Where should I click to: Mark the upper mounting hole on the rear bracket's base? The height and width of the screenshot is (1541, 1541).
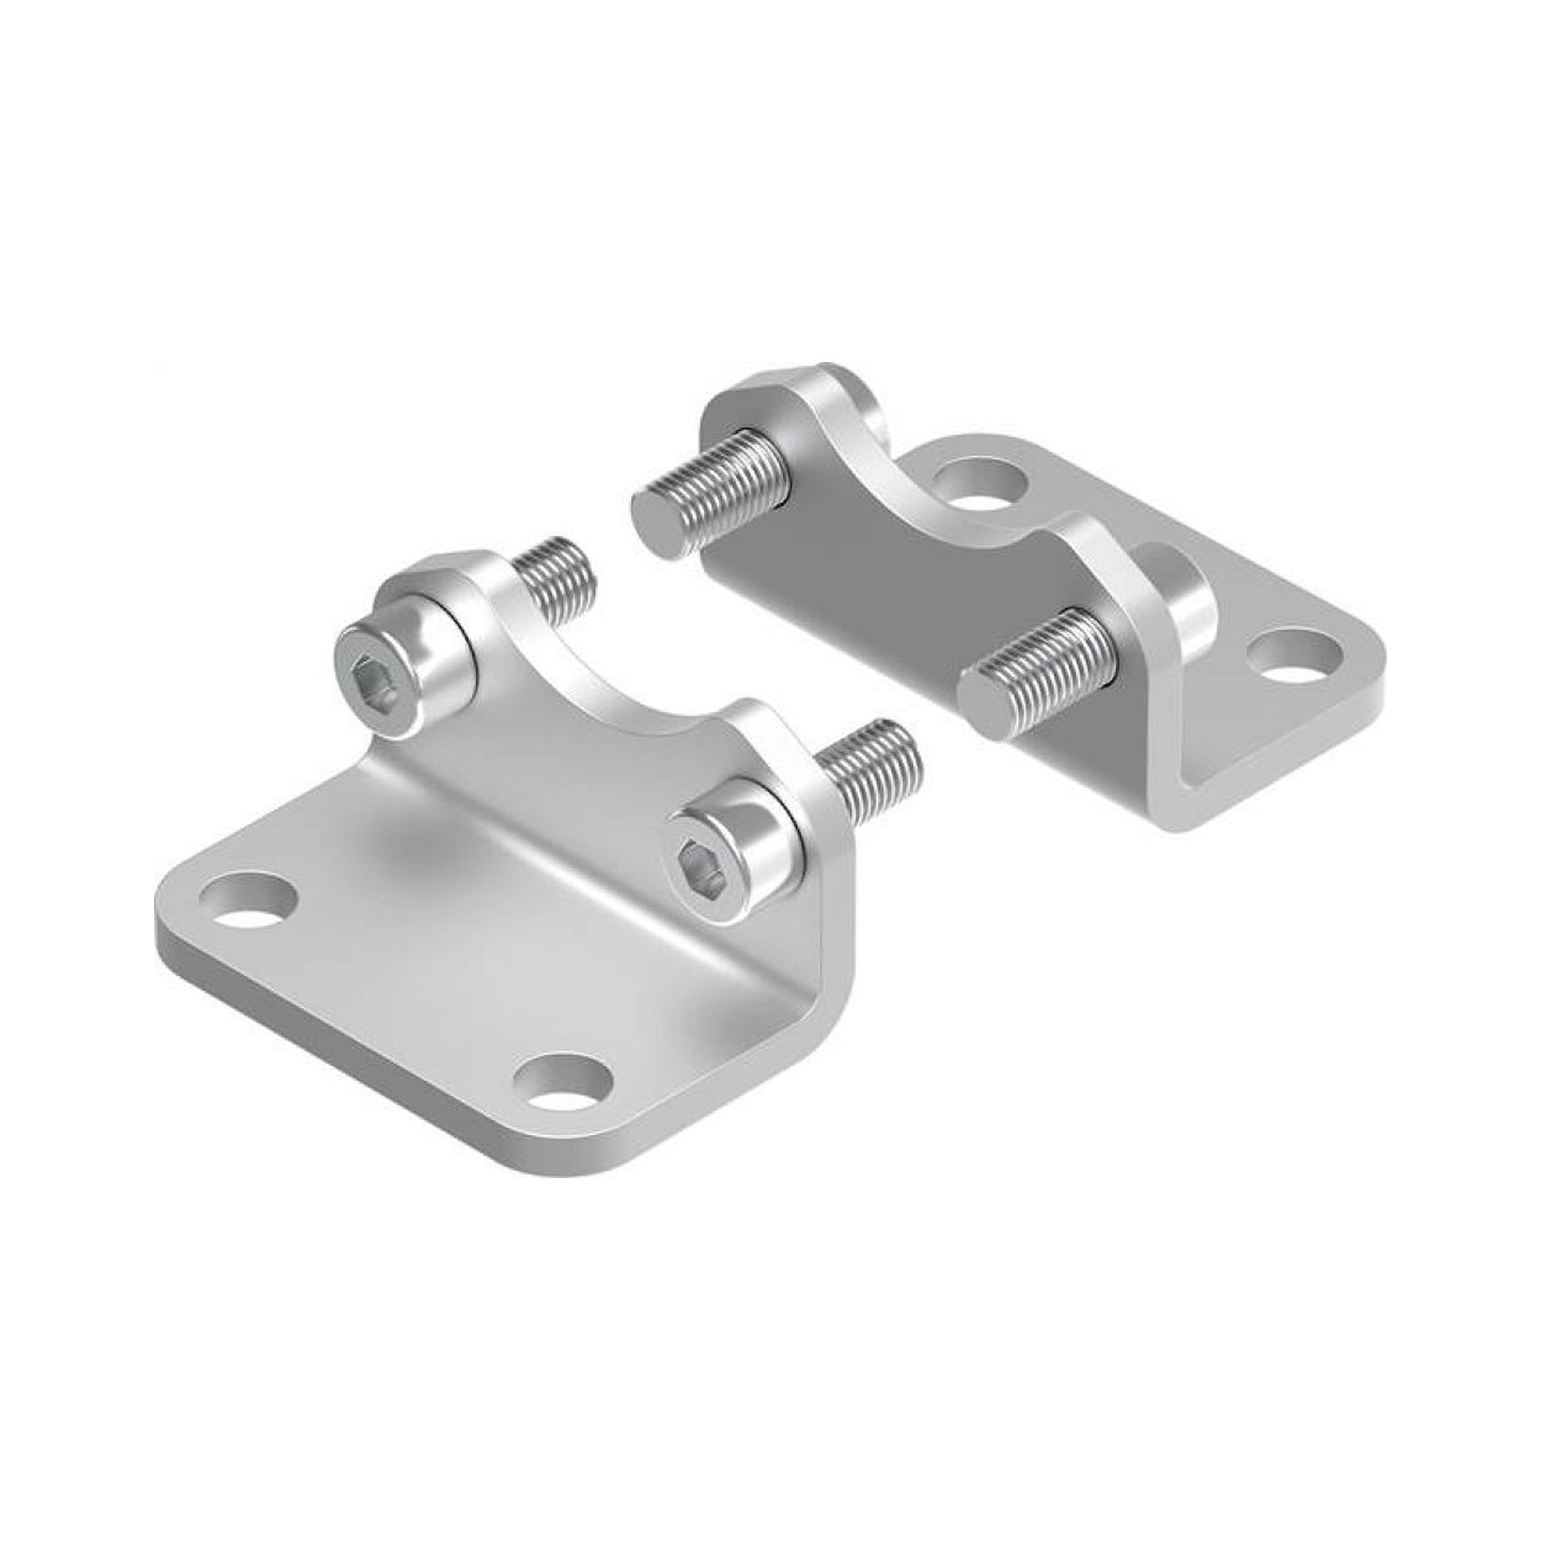click(979, 479)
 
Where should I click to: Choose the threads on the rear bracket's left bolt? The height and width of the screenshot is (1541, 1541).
click(734, 488)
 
